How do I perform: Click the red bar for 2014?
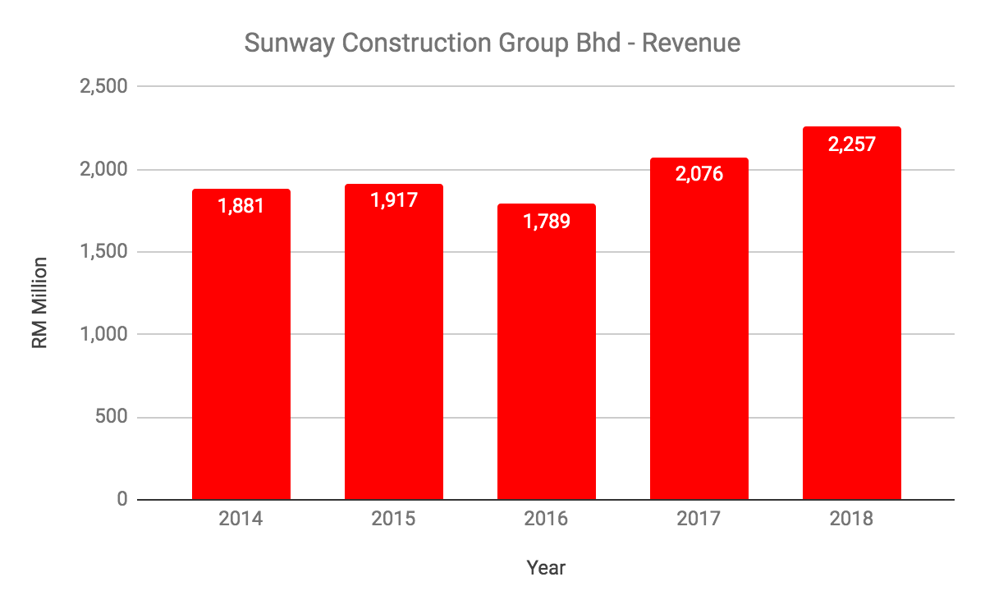241,353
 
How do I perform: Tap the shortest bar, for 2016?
547,361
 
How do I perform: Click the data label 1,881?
241,205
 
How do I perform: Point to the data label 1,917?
394,199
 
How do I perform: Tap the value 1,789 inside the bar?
547,221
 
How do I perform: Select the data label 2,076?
699,173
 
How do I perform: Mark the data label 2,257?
852,144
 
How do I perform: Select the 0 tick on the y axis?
122,499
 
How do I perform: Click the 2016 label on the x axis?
547,520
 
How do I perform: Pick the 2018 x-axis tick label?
852,520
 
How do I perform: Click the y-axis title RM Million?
40,303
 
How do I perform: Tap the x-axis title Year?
547,567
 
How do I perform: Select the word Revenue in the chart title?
691,43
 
